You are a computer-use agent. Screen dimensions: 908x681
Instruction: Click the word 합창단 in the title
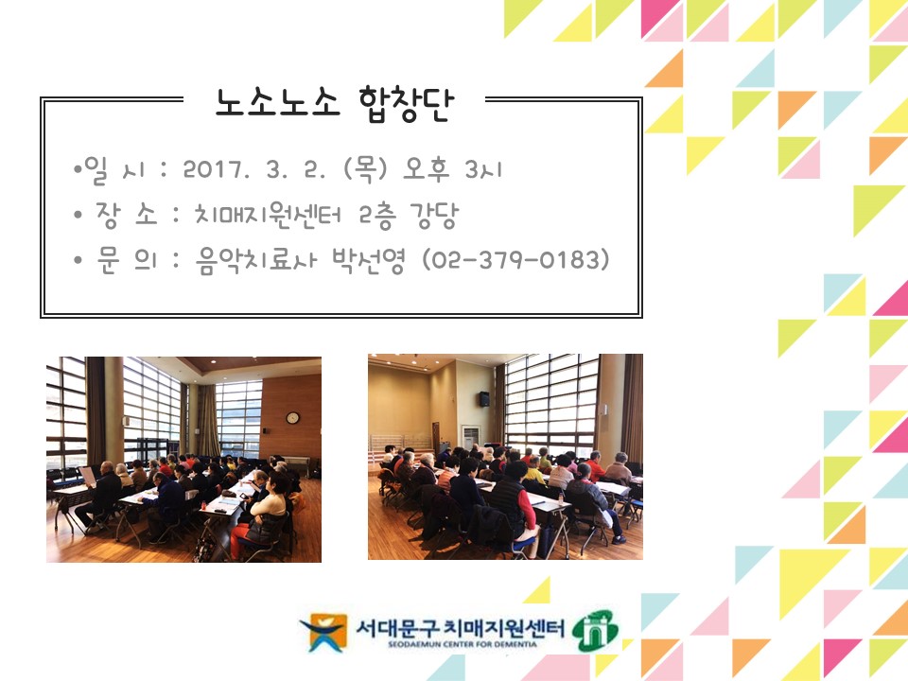click(x=407, y=104)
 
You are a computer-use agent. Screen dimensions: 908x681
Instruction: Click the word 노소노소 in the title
click(x=277, y=103)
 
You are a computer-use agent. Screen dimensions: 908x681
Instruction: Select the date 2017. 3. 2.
click(x=254, y=169)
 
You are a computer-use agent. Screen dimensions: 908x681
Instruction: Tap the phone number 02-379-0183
click(x=515, y=259)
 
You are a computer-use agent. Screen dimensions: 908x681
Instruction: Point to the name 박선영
click(x=368, y=260)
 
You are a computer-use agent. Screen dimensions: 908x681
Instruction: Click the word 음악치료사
click(x=256, y=260)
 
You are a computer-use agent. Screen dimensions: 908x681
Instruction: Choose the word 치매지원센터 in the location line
click(x=268, y=215)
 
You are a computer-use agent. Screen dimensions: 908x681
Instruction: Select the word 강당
click(x=434, y=216)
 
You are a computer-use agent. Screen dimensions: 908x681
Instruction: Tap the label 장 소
click(x=126, y=215)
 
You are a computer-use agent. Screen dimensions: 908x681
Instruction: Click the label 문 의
click(x=126, y=259)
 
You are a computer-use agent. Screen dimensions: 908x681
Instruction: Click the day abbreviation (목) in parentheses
click(x=365, y=169)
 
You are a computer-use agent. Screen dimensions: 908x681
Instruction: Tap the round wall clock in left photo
click(x=292, y=417)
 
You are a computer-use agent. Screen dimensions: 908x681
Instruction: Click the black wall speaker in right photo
click(x=483, y=399)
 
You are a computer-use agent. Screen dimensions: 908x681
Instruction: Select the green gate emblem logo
click(x=595, y=631)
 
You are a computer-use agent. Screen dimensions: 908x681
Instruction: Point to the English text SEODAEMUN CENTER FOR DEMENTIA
click(x=463, y=644)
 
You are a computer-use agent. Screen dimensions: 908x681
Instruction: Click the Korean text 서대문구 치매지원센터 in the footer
click(x=460, y=627)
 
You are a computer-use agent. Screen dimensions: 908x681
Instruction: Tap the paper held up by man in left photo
click(x=88, y=476)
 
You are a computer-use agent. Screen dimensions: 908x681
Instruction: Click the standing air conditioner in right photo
click(x=470, y=437)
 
